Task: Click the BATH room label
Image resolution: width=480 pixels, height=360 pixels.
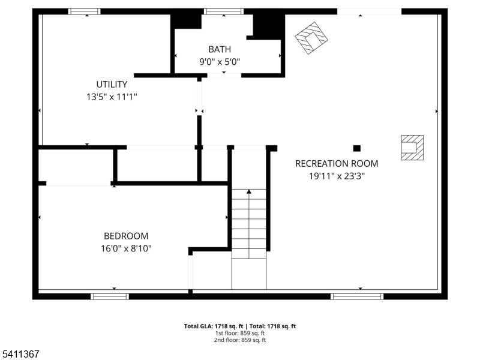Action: coord(219,49)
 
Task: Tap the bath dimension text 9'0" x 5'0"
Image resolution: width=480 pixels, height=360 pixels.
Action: coord(219,61)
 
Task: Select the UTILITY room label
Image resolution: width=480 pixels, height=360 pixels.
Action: coord(112,84)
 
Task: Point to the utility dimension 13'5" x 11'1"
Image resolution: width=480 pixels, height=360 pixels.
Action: coord(112,96)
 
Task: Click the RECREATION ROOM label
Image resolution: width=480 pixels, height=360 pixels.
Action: coord(337,163)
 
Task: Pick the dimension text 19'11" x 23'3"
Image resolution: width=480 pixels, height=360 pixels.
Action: coord(337,176)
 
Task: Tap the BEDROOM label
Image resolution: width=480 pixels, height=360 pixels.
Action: coord(126,236)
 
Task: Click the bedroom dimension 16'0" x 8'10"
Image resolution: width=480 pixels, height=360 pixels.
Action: coord(126,248)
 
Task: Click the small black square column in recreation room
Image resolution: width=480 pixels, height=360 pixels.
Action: coord(357,148)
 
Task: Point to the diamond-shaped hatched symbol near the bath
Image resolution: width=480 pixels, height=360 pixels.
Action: coord(312,38)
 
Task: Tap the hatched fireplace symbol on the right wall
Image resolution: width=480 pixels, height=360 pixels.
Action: coord(412,147)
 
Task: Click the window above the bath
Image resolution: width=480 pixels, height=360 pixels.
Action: coord(224,11)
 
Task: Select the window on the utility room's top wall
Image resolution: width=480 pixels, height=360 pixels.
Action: coord(84,11)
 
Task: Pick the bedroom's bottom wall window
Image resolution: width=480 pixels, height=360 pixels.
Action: coord(109,296)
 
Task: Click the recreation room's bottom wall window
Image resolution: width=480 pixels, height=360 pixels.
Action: coord(357,296)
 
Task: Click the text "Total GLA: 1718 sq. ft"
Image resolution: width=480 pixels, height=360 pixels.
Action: coord(212,326)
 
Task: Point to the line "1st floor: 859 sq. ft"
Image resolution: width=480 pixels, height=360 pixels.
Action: coord(240,333)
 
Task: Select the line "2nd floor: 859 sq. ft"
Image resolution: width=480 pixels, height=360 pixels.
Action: coord(240,340)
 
